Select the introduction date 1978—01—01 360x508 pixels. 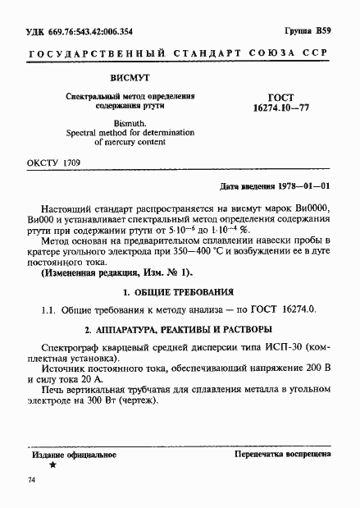coord(303,187)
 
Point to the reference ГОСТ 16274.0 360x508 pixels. coord(278,310)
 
